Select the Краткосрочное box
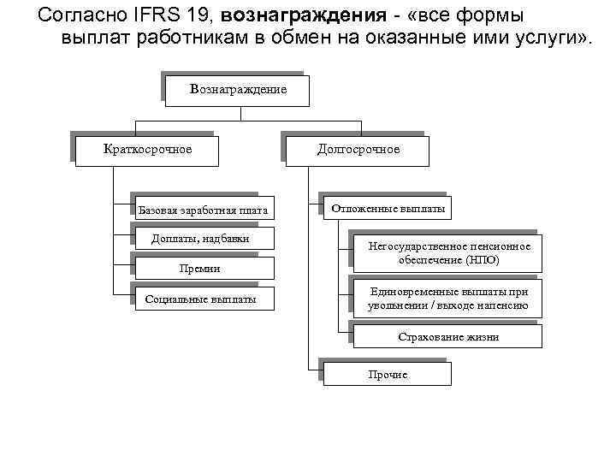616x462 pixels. coord(147,151)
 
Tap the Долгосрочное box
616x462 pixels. coord(358,151)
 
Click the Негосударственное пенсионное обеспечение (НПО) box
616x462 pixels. coord(448,253)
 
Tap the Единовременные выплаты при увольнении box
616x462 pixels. coord(448,299)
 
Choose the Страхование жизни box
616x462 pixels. coord(448,337)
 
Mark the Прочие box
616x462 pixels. coord(388,375)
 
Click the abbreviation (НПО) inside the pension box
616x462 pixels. coord(483,260)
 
